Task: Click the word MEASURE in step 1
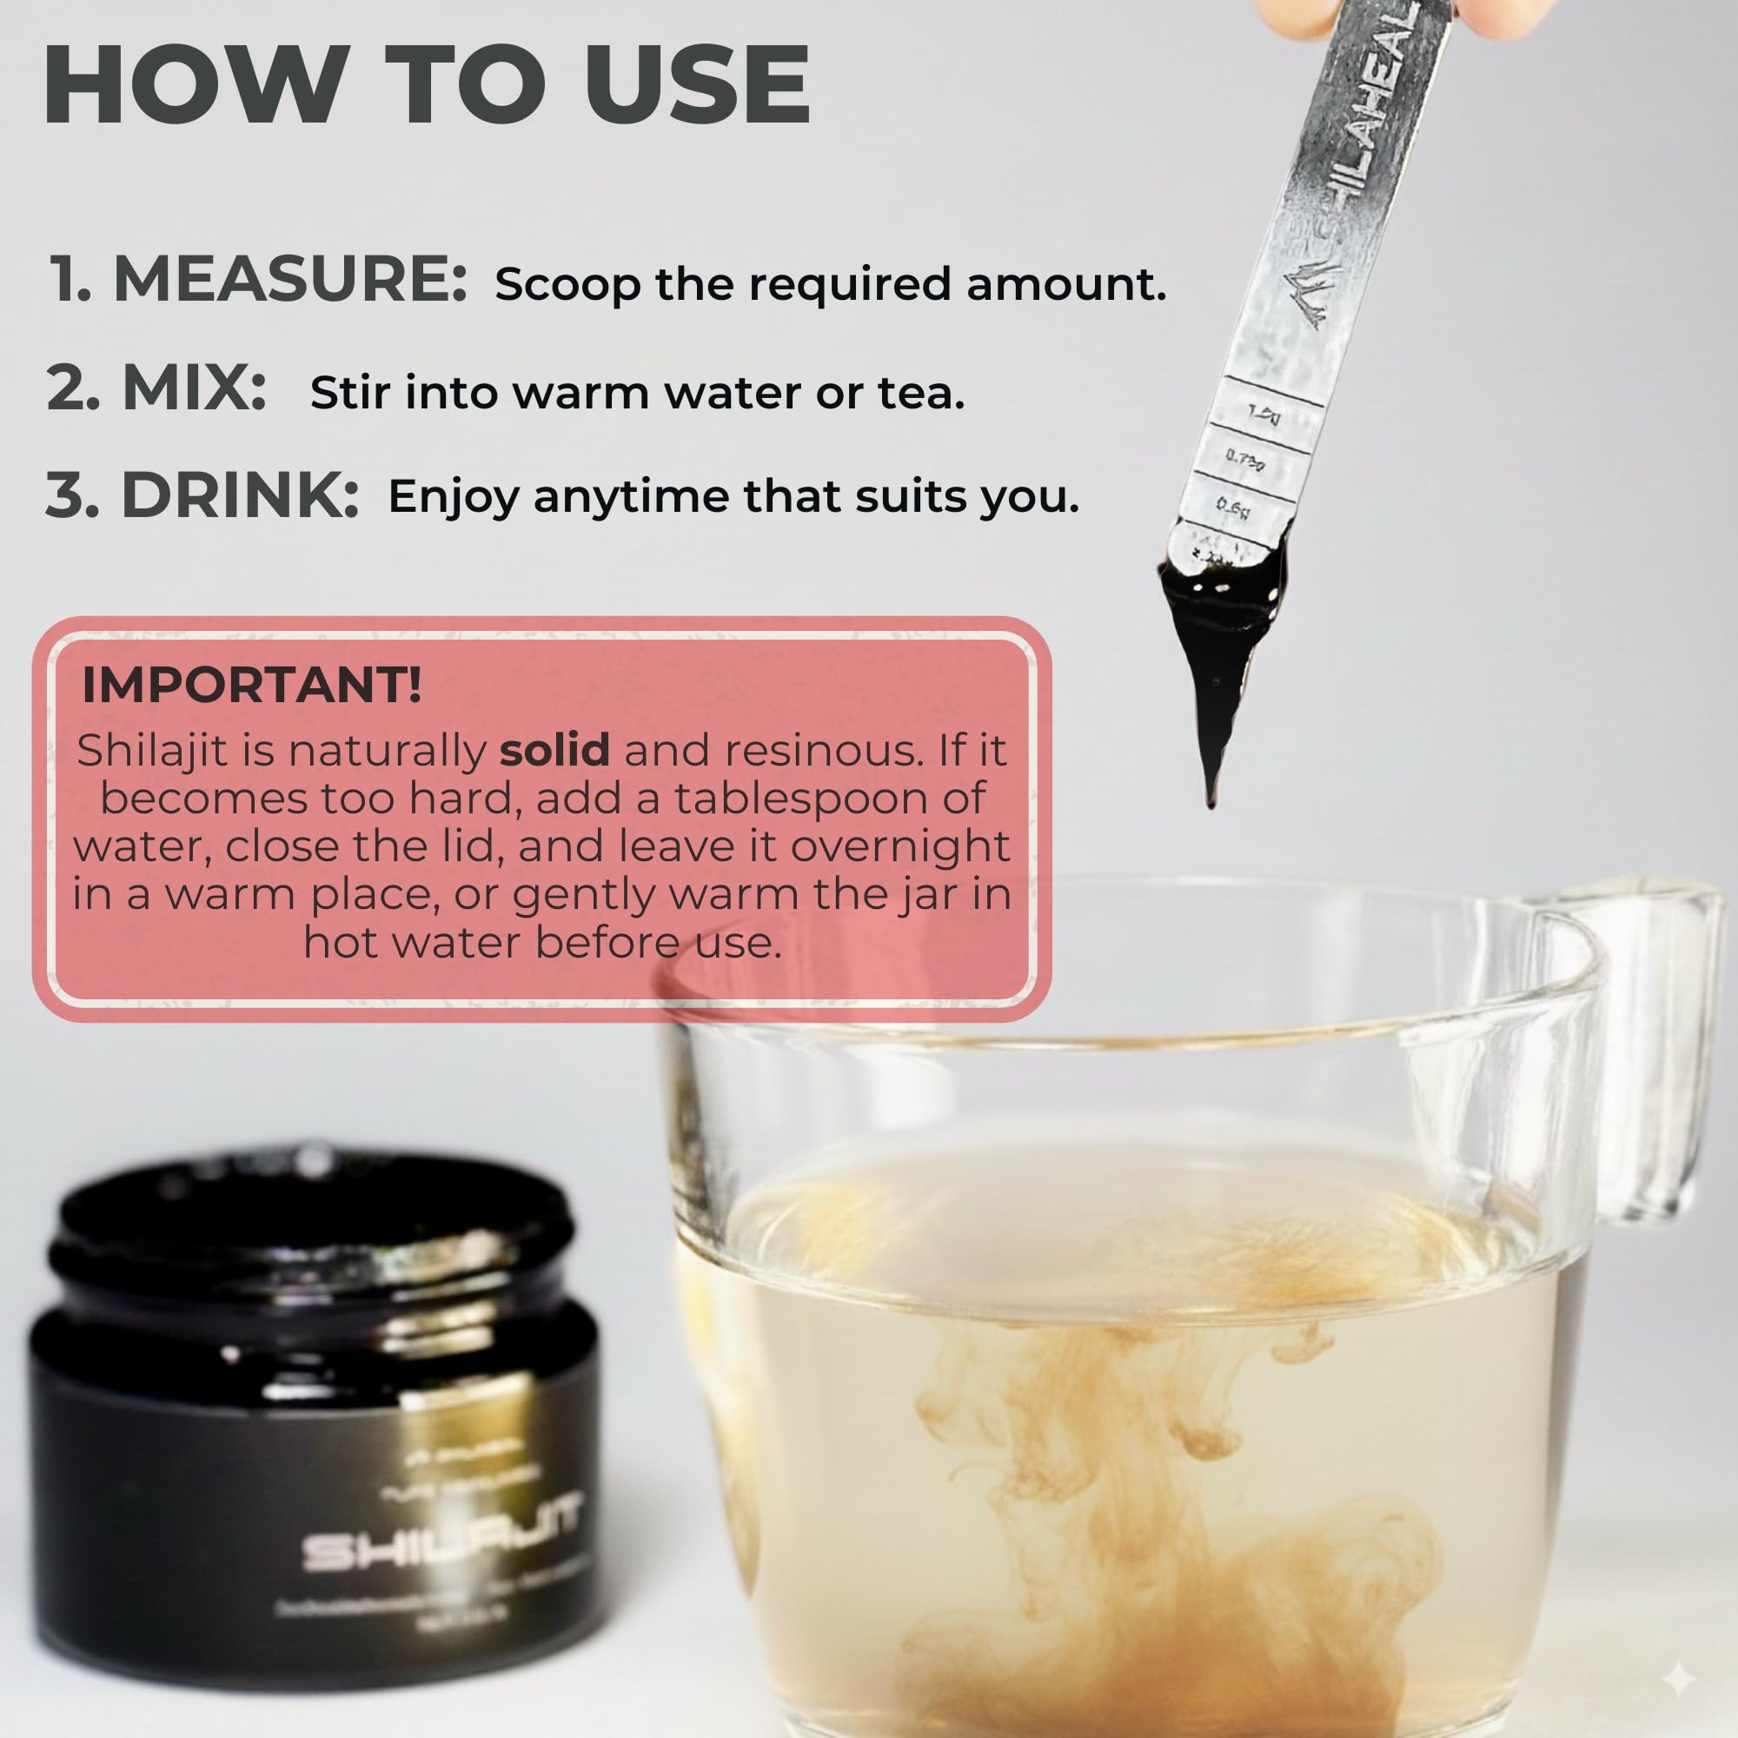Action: (x=289, y=280)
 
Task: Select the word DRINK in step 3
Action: (x=240, y=494)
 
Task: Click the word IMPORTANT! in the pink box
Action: (x=251, y=686)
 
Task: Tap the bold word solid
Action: (x=554, y=750)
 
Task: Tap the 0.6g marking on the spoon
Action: (x=1233, y=508)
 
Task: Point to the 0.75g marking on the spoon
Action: (x=1245, y=461)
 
